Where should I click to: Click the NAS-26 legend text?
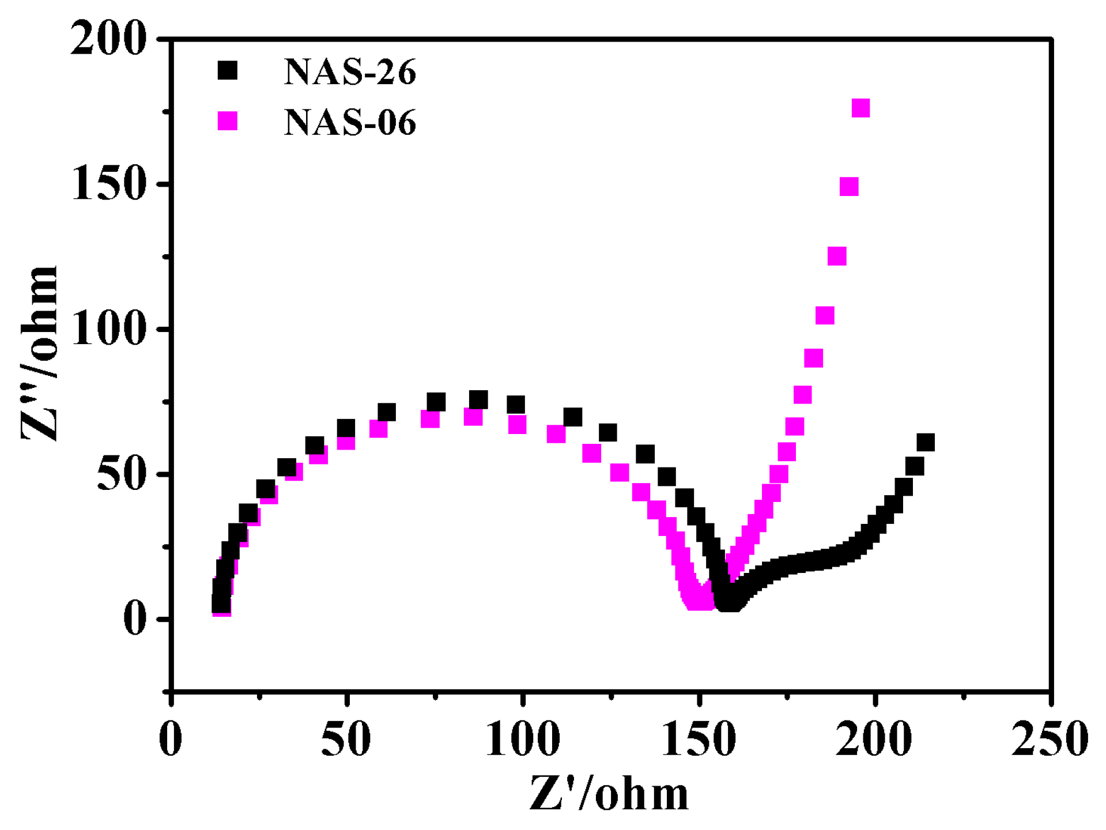click(x=349, y=73)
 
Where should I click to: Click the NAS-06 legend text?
click(x=349, y=123)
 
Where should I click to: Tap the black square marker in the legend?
click(x=228, y=70)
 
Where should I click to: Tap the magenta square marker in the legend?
click(x=228, y=120)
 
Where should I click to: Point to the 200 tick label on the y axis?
click(x=108, y=39)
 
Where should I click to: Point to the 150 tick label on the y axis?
click(x=108, y=184)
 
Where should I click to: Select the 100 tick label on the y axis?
click(x=108, y=329)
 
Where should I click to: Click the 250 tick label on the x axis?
click(x=1050, y=739)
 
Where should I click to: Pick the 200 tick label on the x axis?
click(x=874, y=739)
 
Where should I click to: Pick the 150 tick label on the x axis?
click(x=699, y=739)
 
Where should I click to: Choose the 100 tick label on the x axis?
click(x=522, y=739)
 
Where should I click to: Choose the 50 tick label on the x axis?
click(x=346, y=739)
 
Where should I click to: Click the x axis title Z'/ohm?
click(x=609, y=794)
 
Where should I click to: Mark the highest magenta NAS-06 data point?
click(x=860, y=108)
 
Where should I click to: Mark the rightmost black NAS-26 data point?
click(x=925, y=443)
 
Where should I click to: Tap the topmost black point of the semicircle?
click(x=478, y=399)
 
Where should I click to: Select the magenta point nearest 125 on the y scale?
click(x=837, y=256)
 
